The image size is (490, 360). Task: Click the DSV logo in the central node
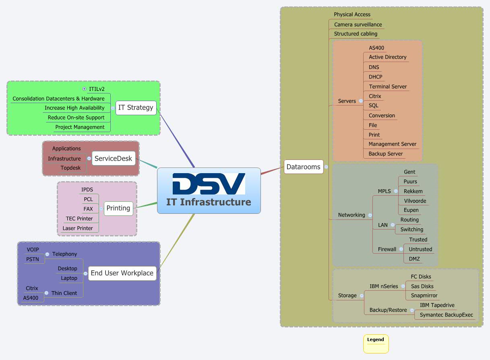pyautogui.click(x=209, y=184)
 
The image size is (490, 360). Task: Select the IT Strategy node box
pyautogui.click(x=136, y=108)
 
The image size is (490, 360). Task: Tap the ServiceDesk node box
pyautogui.click(x=113, y=159)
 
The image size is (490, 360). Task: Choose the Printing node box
pyautogui.click(x=118, y=209)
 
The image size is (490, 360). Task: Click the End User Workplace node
pyautogui.click(x=122, y=273)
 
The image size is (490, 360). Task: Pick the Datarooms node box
pyautogui.click(x=303, y=167)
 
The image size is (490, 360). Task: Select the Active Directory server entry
pyautogui.click(x=387, y=57)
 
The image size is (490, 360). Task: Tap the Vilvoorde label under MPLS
pyautogui.click(x=415, y=201)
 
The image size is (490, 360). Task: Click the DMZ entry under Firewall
pyautogui.click(x=414, y=259)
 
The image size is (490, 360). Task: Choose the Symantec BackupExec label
pyautogui.click(x=446, y=315)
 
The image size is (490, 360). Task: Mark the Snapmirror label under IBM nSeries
pyautogui.click(x=424, y=296)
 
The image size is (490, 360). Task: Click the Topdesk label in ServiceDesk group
pyautogui.click(x=70, y=168)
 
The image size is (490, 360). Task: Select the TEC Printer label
pyautogui.click(x=79, y=219)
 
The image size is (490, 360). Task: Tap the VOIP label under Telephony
pyautogui.click(x=33, y=250)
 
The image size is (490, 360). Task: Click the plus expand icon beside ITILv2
pyautogui.click(x=84, y=89)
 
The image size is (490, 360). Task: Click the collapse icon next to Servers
pyautogui.click(x=361, y=101)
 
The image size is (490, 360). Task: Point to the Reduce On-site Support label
pyautogui.click(x=76, y=118)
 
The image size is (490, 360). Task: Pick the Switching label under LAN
pyautogui.click(x=411, y=230)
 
